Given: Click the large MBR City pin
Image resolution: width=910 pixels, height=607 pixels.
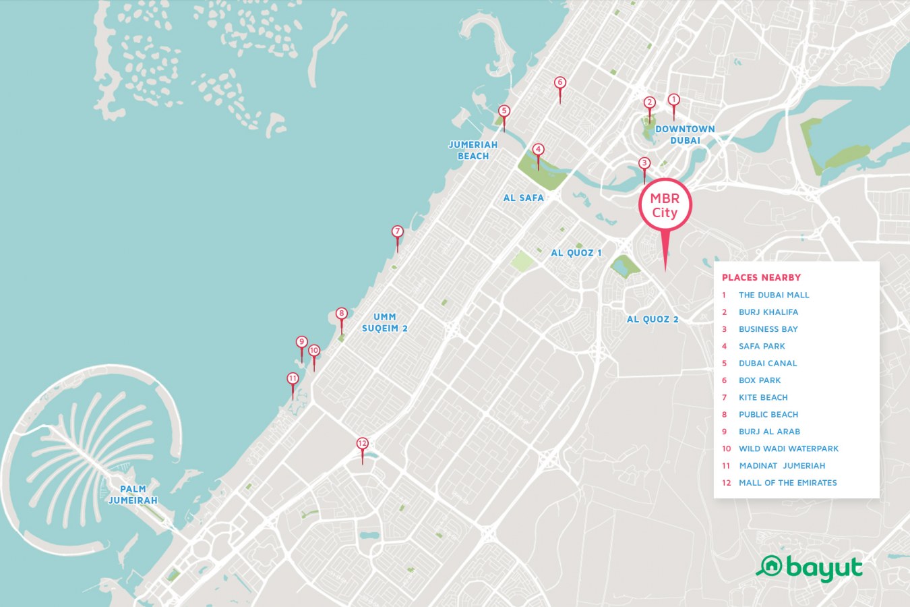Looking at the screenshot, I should pyautogui.click(x=665, y=206).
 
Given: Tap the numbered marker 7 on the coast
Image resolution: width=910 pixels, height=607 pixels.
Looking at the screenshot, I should pyautogui.click(x=398, y=232).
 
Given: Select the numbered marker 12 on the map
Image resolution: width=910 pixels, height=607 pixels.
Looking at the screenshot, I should pyautogui.click(x=363, y=444).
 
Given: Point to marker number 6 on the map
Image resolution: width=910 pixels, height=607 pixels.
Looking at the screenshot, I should pyautogui.click(x=559, y=83).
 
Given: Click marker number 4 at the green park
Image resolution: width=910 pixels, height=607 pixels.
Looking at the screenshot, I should pyautogui.click(x=538, y=150).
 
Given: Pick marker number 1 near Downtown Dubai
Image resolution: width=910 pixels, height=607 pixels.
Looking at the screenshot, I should pyautogui.click(x=673, y=100).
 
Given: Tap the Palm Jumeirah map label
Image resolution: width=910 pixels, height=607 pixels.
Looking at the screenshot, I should pyautogui.click(x=133, y=494).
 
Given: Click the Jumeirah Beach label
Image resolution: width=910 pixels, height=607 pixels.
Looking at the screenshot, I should pyautogui.click(x=473, y=150).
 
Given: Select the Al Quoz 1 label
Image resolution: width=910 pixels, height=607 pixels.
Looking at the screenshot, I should pyautogui.click(x=576, y=253).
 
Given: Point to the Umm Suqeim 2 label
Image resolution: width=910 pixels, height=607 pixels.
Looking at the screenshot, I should pyautogui.click(x=384, y=322).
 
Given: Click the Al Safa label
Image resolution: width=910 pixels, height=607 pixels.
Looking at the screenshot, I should pyautogui.click(x=523, y=198).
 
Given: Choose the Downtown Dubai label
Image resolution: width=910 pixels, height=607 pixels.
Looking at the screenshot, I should pyautogui.click(x=685, y=134).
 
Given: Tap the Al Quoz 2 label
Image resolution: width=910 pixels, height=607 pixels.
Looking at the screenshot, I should pyautogui.click(x=653, y=319).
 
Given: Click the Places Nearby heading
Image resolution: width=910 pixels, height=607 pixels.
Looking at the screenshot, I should pyautogui.click(x=761, y=277).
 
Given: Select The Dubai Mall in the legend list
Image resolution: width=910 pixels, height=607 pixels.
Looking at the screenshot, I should pyautogui.click(x=773, y=295).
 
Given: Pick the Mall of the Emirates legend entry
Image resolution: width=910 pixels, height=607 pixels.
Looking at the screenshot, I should pyautogui.click(x=787, y=483).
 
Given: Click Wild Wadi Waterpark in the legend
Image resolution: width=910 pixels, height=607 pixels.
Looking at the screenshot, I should pyautogui.click(x=788, y=449).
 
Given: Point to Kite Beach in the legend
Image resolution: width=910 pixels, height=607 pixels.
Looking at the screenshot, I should pyautogui.click(x=762, y=397).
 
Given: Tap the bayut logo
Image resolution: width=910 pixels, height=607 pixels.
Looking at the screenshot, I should pyautogui.click(x=809, y=569).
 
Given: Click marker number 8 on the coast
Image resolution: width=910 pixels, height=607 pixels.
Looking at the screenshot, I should pyautogui.click(x=342, y=314).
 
